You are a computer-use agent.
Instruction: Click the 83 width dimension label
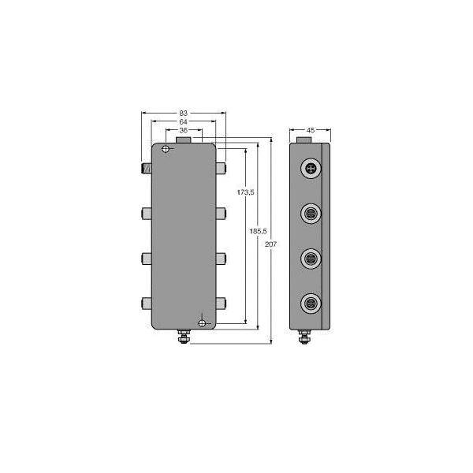pos(184,113)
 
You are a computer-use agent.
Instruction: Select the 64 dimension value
pos(184,122)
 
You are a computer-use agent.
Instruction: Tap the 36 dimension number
pos(184,131)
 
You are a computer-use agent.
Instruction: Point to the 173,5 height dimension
pos(245,192)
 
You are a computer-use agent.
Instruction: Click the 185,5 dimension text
pos(259,231)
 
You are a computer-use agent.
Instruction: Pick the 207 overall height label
pos(270,244)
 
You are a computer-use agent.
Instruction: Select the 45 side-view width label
pos(311,130)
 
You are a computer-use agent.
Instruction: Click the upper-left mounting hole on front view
pos(166,149)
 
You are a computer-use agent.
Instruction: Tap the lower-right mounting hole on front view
pos(202,324)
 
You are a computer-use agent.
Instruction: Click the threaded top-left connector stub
pos(147,168)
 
